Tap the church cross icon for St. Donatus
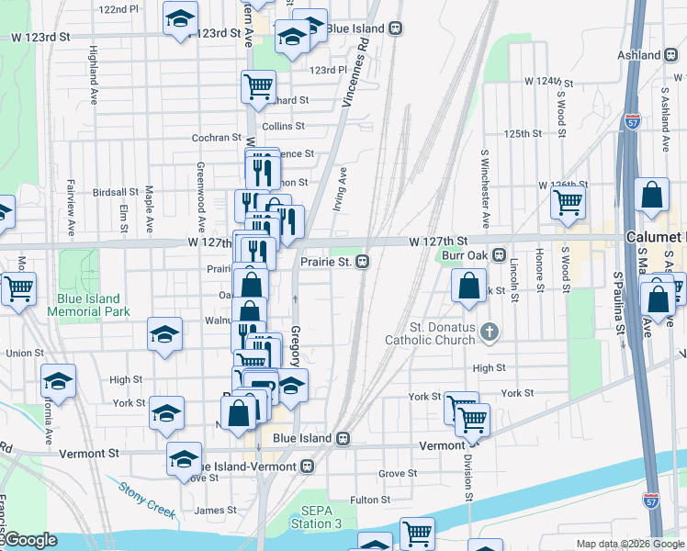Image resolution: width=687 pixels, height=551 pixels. click(x=490, y=332)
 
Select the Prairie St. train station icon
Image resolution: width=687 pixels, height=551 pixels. click(x=363, y=262)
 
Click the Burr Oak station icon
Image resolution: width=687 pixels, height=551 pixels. click(x=499, y=254)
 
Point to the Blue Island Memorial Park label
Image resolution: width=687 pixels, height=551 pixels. click(x=92, y=305)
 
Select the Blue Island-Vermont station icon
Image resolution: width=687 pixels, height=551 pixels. click(x=308, y=466)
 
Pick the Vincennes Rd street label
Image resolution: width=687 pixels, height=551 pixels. click(x=355, y=73)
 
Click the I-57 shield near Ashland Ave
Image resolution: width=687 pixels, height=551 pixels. click(x=632, y=120)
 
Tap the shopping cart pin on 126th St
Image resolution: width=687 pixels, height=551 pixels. click(x=569, y=200)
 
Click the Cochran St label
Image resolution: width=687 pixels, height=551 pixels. click(x=216, y=138)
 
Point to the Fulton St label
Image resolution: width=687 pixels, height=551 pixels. click(x=370, y=500)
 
